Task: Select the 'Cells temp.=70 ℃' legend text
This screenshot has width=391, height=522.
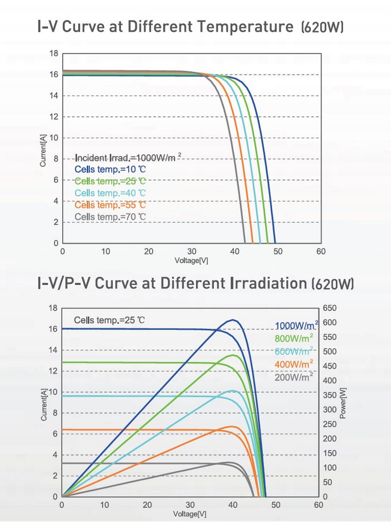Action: pos(110,217)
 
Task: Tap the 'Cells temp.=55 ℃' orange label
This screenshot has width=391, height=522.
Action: pos(110,204)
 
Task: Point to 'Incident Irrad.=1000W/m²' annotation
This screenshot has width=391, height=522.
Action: pos(128,157)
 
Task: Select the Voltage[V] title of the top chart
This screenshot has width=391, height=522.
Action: pos(191,261)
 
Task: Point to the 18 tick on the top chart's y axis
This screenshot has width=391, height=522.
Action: pos(54,54)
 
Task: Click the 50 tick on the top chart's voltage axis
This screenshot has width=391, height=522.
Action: pos(278,251)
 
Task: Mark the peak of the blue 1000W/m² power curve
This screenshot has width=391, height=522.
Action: pos(234,320)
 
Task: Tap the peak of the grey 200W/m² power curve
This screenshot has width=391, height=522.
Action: pos(227,462)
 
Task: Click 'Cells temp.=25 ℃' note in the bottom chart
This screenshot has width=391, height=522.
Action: pos(109,321)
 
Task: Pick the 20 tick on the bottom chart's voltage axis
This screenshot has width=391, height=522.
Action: pos(148,505)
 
